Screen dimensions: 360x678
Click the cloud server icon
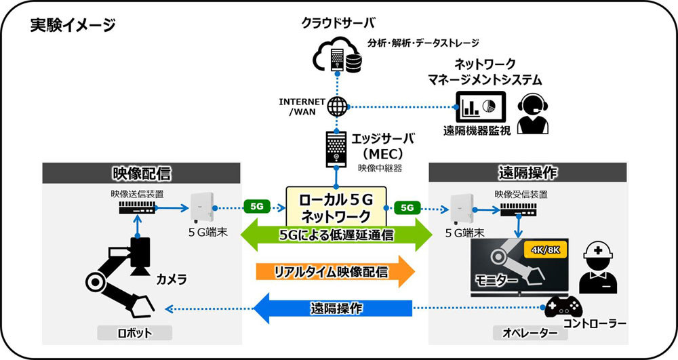(337, 56)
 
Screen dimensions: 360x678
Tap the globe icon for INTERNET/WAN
(336, 106)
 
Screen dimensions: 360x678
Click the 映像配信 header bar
(140, 173)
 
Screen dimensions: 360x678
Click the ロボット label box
(134, 333)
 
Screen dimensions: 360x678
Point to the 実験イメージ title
(73, 26)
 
